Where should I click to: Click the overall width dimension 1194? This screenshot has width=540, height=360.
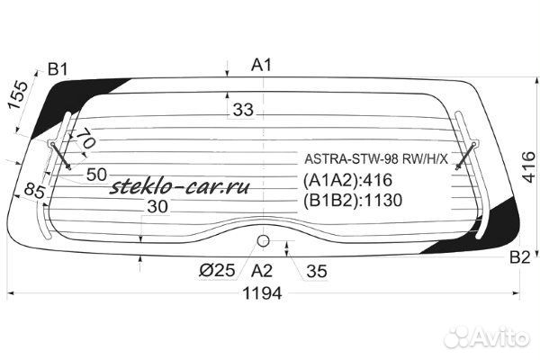coord(261,293)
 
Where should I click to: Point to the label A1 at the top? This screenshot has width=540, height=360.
coord(262,64)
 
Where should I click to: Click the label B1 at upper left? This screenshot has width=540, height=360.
coord(58,69)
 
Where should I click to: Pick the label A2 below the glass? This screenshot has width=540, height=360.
coord(262,270)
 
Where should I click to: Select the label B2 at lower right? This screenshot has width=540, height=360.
coord(519,258)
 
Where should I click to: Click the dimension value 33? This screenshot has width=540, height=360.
coord(242,110)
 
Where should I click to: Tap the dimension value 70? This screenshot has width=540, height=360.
coord(85,140)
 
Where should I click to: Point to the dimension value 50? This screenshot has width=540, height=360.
coord(97,174)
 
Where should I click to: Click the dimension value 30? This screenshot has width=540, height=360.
coord(157,207)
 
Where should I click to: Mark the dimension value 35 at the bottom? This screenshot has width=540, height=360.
coord(316,270)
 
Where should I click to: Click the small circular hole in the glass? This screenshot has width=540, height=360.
coord(264,240)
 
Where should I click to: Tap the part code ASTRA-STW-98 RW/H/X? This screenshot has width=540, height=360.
coord(368,159)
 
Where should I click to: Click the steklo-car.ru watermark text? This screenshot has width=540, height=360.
coord(178,188)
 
